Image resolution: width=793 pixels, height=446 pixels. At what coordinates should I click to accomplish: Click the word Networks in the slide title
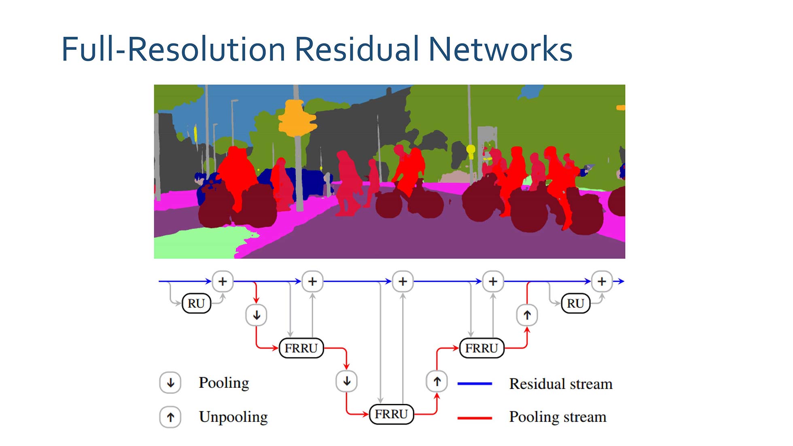(500, 49)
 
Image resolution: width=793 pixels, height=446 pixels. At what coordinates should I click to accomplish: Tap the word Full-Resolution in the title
(174, 49)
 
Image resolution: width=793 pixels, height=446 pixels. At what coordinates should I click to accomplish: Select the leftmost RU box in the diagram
(196, 303)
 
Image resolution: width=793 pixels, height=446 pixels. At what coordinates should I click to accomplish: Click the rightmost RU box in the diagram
(575, 303)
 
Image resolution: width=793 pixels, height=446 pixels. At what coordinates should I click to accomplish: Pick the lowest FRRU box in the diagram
(391, 414)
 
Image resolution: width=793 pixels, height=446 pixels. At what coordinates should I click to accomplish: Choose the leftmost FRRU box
(301, 348)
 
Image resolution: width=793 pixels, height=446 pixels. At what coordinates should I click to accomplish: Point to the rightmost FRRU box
(481, 348)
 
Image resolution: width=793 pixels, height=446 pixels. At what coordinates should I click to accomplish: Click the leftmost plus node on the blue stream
(223, 281)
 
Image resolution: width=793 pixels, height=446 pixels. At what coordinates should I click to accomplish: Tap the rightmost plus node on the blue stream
(602, 281)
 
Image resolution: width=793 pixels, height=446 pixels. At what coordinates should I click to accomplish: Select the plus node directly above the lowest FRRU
(403, 281)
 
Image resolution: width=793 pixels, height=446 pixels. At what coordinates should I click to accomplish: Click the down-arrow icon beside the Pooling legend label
(170, 383)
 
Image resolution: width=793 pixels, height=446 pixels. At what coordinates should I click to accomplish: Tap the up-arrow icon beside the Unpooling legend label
(170, 417)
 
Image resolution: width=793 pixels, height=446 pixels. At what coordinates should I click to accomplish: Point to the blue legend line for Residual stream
(475, 383)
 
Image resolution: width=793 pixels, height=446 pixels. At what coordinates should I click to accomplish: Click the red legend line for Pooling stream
(475, 418)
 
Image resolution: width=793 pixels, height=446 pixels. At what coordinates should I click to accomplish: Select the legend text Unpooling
(233, 417)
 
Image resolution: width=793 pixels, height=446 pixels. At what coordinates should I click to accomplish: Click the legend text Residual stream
(561, 384)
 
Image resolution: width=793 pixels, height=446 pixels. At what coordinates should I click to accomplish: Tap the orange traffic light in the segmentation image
(297, 117)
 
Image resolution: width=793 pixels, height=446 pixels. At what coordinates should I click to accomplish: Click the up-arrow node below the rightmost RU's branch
(527, 315)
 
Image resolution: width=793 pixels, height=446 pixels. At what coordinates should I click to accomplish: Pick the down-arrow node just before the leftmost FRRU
(257, 315)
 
